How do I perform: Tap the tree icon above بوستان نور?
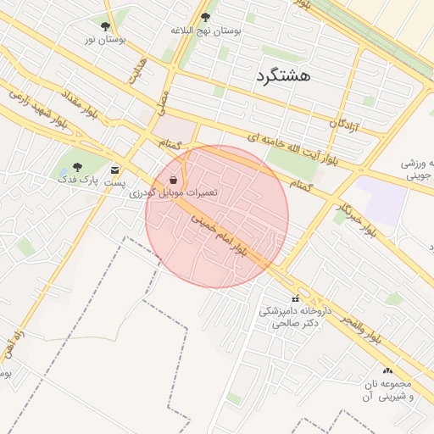tap(105, 26)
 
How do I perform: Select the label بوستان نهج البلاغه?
tap(206, 30)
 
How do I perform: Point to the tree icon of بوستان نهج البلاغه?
tap(205, 16)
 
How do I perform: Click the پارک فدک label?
tap(78, 180)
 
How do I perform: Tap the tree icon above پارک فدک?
tap(77, 167)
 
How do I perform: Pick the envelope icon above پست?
tap(115, 170)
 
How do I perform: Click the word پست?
tap(115, 182)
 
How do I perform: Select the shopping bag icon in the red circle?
tap(174, 180)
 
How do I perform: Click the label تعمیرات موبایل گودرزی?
tap(175, 193)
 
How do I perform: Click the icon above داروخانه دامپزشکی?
tap(296, 298)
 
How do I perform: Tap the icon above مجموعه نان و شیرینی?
tap(388, 370)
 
